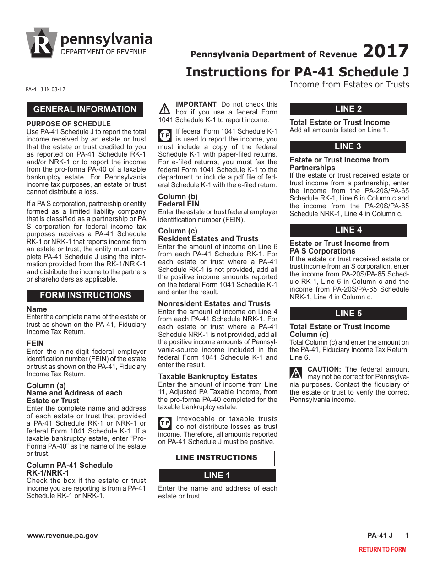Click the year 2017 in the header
tap(386, 51)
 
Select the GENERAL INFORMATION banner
tap(85, 109)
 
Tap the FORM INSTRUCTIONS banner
tap(85, 296)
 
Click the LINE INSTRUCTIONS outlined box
tap(216, 458)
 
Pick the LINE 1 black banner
tap(217, 476)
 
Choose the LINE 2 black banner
tap(348, 109)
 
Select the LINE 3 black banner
tap(348, 146)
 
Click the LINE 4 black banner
tap(348, 230)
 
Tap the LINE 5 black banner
tap(348, 314)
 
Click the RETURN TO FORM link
tap(382, 549)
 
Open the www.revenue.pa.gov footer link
tap(62, 536)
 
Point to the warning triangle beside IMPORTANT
tap(164, 109)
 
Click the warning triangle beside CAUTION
tap(296, 373)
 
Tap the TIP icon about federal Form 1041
tap(164, 135)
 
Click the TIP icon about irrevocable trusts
tap(164, 422)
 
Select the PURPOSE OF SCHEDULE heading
tap(69, 124)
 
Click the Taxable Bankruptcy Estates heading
tap(208, 377)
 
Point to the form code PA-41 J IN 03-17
tap(46, 89)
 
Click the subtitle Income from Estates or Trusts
tap(349, 85)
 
